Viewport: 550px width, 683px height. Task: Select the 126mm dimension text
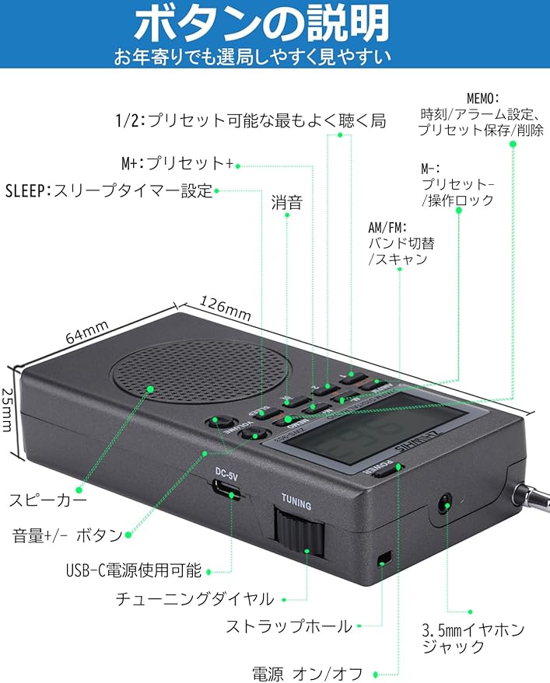[x=226, y=308]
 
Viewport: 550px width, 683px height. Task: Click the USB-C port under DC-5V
[x=226, y=490]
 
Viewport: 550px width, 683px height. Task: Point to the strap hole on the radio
[x=384, y=558]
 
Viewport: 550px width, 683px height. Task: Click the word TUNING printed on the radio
[x=296, y=506]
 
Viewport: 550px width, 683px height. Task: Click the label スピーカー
[x=48, y=500]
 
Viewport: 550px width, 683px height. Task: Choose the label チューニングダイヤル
[x=194, y=598]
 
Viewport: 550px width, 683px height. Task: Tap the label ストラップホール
[x=289, y=626]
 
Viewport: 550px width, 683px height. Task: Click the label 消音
[x=287, y=204]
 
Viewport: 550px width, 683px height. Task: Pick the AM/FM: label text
[x=388, y=228]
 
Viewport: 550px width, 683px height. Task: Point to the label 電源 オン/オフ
[x=307, y=673]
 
